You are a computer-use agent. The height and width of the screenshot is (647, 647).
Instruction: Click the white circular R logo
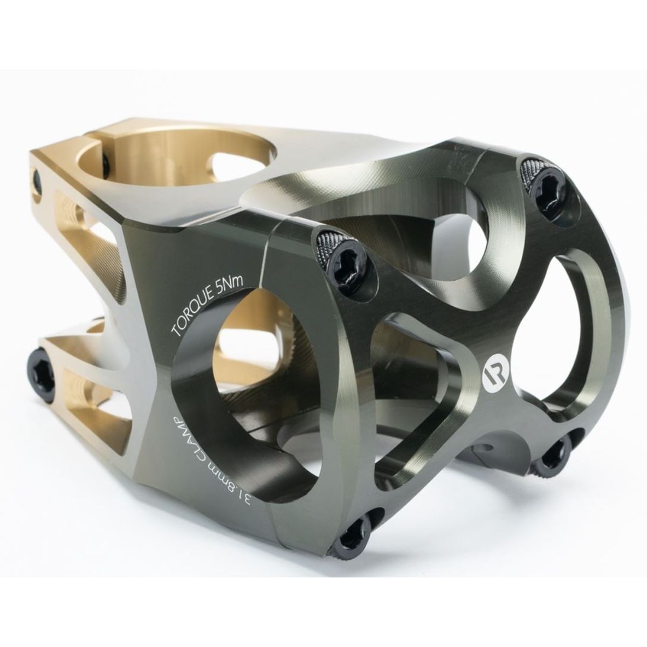tap(491, 374)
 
